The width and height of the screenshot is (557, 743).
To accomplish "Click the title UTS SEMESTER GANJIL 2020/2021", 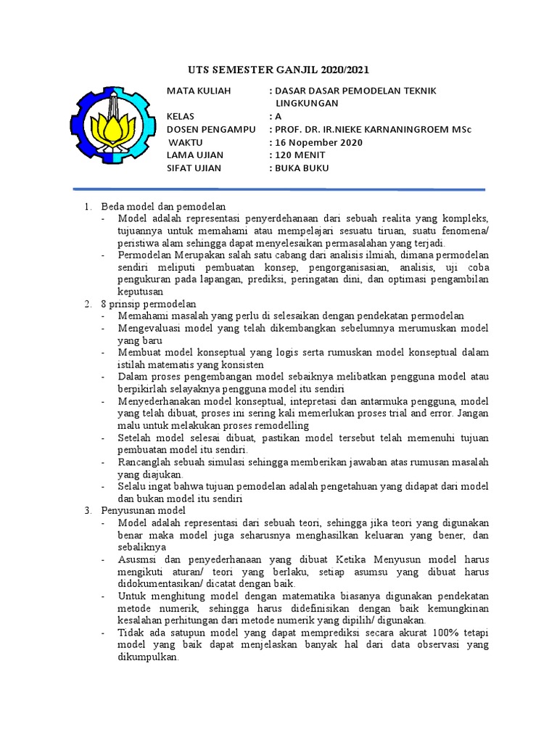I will (x=278, y=70).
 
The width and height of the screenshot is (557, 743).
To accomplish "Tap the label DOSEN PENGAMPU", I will (x=211, y=129).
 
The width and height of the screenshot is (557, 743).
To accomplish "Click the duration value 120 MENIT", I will (x=300, y=155).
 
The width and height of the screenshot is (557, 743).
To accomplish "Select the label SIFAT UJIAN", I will (x=194, y=168).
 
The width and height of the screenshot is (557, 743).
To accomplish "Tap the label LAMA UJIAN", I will (x=195, y=155).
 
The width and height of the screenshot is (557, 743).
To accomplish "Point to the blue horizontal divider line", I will (x=278, y=190).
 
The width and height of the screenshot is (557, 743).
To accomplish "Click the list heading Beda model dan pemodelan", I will (x=163, y=207).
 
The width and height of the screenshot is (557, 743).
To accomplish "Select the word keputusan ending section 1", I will (x=141, y=291).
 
